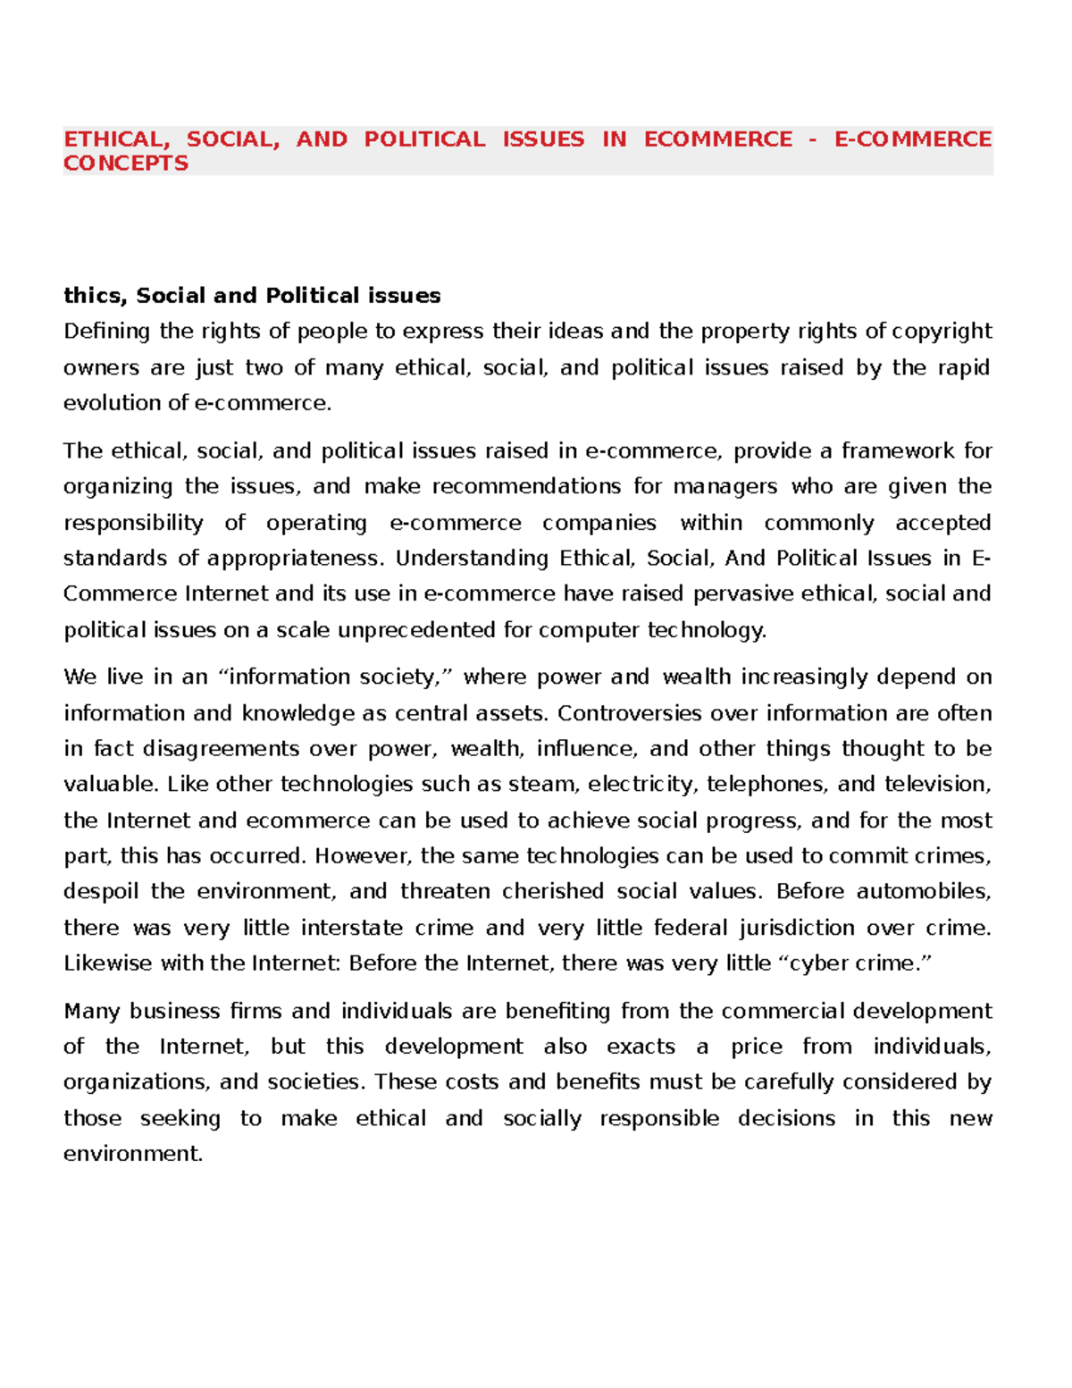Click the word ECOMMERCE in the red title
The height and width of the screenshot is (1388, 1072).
(717, 139)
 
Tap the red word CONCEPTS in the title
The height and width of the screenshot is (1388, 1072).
(126, 164)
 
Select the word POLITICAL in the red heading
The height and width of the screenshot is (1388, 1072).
(424, 139)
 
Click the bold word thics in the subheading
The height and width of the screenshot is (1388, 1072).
(94, 296)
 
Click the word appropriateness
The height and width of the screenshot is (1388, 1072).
(295, 559)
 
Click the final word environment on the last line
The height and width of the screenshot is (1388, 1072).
(131, 1154)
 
